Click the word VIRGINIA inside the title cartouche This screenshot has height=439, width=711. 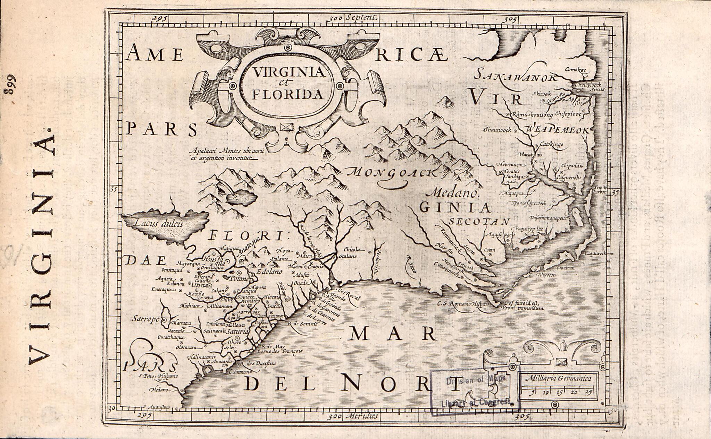pyautogui.click(x=288, y=72)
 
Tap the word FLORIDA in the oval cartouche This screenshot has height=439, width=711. pyautogui.click(x=287, y=94)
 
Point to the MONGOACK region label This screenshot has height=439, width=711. pyautogui.click(x=394, y=172)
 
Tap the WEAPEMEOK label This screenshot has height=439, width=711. pyautogui.click(x=558, y=130)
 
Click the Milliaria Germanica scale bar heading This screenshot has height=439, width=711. pyautogui.click(x=558, y=379)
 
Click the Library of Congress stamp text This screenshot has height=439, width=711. pyautogui.click(x=476, y=402)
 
